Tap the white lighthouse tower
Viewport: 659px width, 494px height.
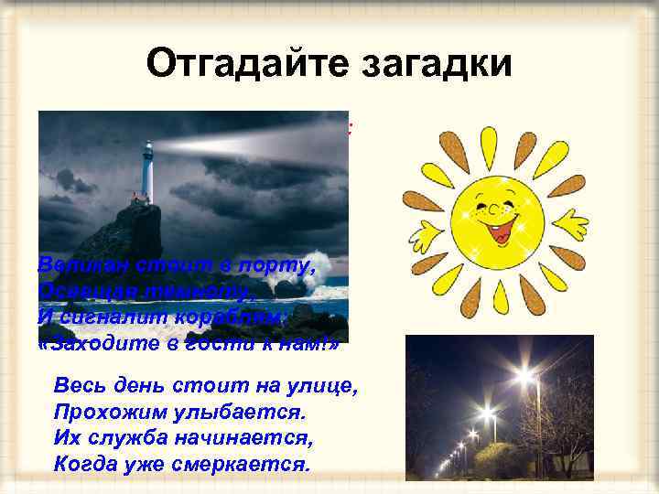(x=146, y=175)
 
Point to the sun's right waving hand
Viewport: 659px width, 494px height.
(x=571, y=222)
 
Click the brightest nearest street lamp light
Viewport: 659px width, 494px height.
(x=525, y=374)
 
